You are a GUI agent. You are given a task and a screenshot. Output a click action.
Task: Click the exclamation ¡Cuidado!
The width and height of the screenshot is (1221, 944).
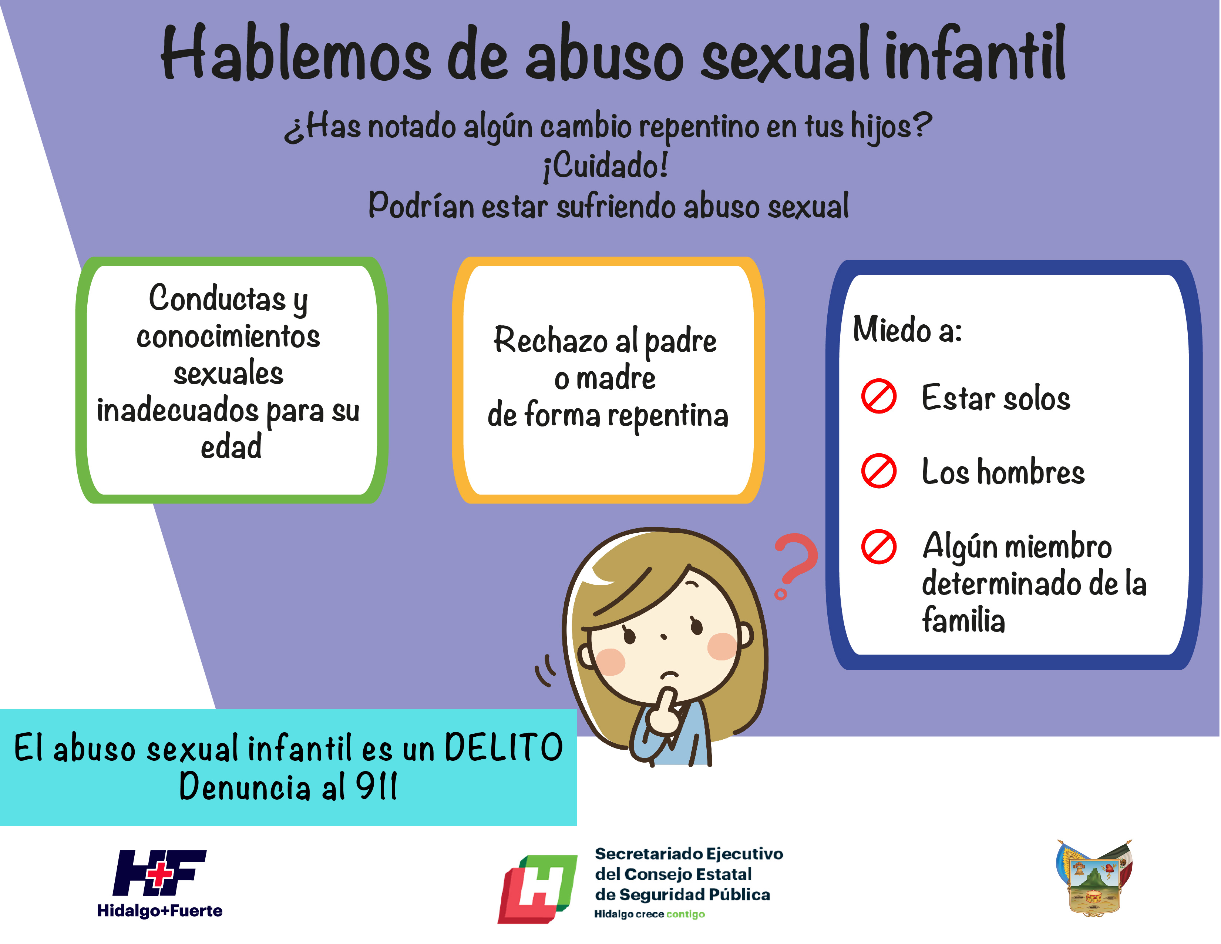pos(605,167)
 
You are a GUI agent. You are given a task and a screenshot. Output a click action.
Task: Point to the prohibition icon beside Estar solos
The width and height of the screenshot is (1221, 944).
pos(879,396)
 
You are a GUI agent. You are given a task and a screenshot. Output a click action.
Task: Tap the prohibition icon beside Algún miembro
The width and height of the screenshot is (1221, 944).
pos(879,546)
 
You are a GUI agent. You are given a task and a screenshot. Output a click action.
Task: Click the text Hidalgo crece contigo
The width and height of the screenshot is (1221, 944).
pos(649,914)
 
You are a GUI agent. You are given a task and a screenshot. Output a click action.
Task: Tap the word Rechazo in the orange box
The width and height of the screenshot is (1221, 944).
pos(550,339)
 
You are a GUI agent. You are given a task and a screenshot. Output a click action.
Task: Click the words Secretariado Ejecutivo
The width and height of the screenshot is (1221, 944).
pos(689,853)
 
